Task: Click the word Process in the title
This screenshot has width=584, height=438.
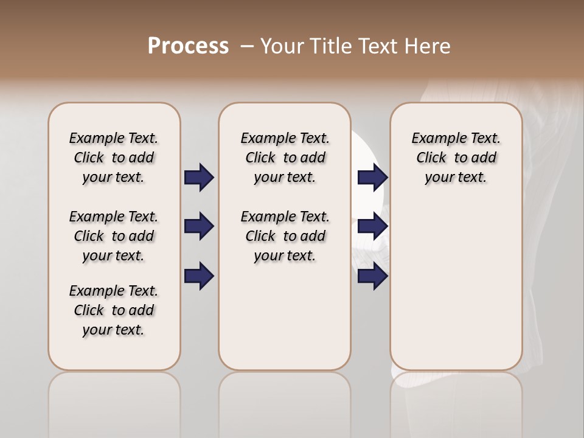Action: point(188,46)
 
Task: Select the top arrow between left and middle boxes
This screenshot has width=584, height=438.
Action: point(199,177)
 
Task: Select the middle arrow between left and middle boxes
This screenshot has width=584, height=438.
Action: point(199,227)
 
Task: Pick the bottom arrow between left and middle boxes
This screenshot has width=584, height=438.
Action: point(199,276)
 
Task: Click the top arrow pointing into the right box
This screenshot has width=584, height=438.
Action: point(372,177)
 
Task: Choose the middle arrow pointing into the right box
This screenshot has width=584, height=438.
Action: point(372,227)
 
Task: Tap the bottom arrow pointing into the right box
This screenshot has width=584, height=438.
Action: point(372,276)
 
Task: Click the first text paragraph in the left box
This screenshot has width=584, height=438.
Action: point(114,158)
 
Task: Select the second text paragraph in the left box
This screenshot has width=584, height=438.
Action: point(114,236)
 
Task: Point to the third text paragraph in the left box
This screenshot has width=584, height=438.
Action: point(114,310)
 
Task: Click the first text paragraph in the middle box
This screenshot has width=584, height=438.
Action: point(285,158)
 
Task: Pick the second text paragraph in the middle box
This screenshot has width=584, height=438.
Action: point(285,236)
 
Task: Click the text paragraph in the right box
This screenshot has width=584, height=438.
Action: point(456,158)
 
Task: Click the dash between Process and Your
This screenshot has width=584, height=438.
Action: point(247,46)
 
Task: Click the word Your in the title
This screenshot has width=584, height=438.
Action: point(282,46)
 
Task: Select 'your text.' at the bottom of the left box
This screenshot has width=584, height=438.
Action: point(114,330)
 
